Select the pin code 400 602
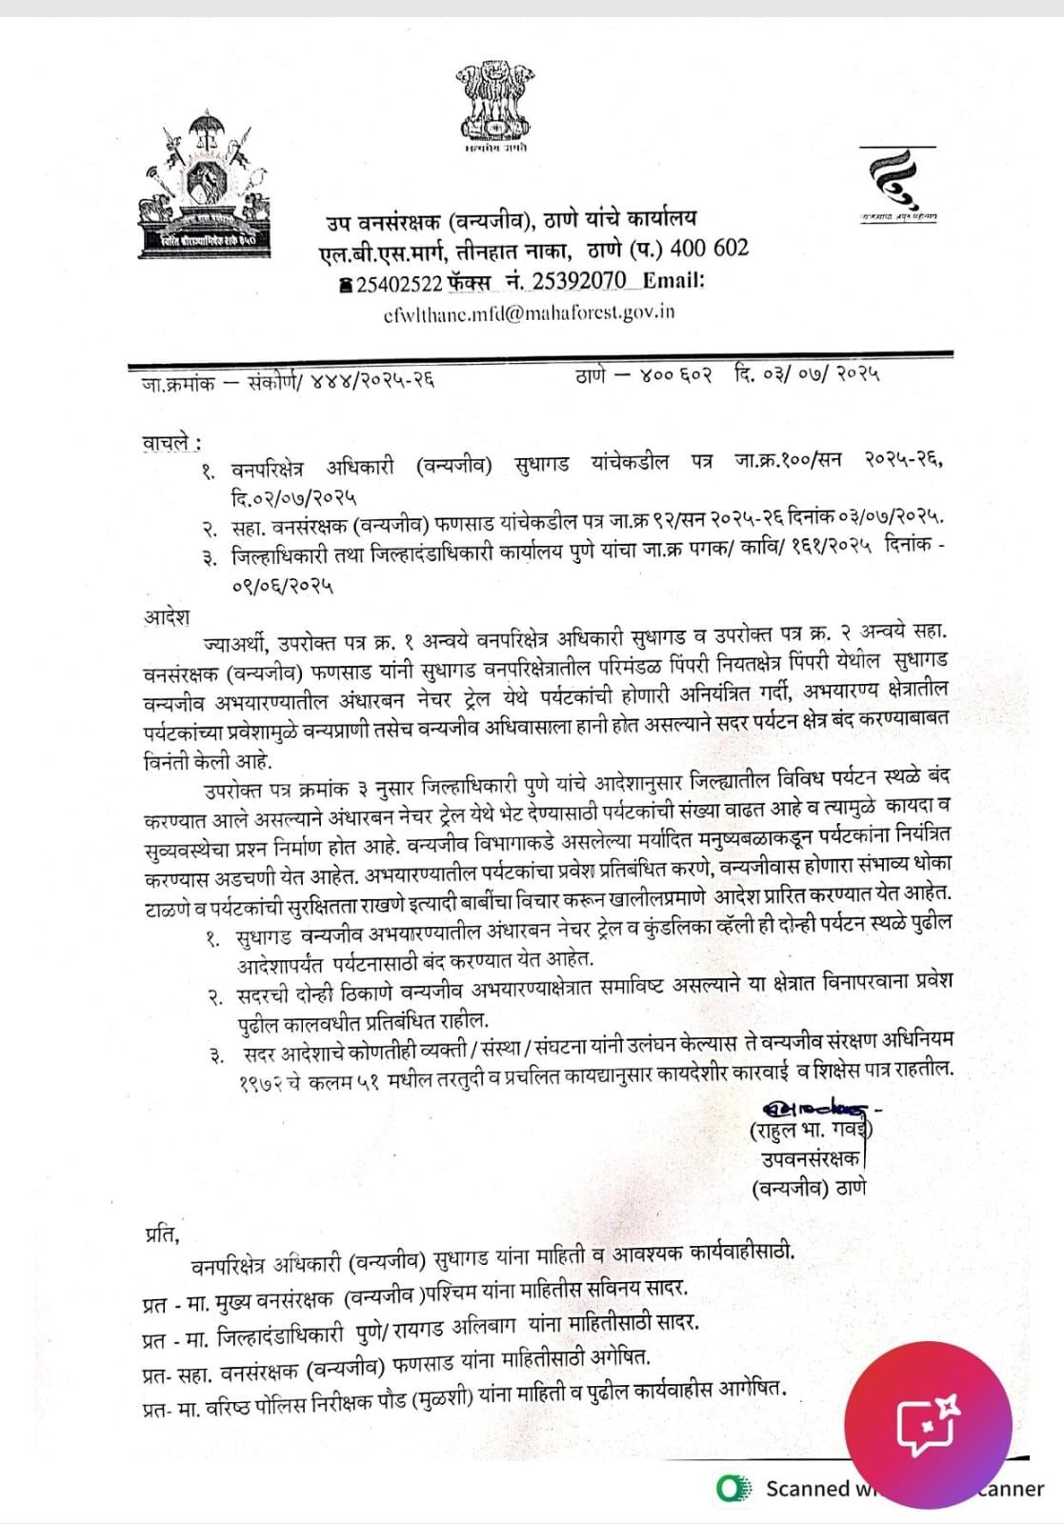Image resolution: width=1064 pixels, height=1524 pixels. tap(710, 249)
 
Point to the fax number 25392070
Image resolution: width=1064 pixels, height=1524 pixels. tap(579, 281)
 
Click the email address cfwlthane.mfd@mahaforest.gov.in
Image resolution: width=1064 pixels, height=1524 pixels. tap(528, 312)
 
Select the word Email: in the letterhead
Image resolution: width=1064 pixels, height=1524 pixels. tap(673, 281)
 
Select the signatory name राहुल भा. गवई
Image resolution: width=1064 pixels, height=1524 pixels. tap(810, 1132)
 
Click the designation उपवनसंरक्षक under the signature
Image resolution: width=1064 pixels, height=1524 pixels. tap(811, 1159)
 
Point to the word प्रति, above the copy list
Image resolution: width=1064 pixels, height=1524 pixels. tap(162, 1234)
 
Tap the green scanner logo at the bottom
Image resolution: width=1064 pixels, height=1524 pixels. tap(731, 1488)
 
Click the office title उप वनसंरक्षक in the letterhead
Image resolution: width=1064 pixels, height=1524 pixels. tap(382, 221)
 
